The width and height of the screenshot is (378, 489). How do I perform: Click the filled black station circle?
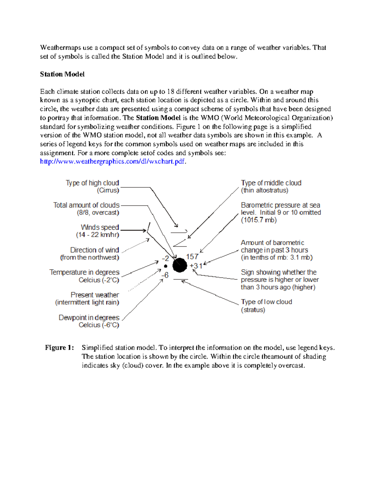[x=180, y=265]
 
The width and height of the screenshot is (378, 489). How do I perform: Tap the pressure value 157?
[x=192, y=257]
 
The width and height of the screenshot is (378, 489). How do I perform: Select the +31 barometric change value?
[x=196, y=266]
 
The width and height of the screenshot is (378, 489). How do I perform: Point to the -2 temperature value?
[x=165, y=259]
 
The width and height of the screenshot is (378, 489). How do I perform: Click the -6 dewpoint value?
[x=165, y=275]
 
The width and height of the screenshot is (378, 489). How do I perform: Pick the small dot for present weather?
[x=166, y=266]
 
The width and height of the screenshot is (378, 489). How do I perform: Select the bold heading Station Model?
[x=62, y=74]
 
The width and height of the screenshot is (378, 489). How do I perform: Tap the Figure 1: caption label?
[x=59, y=348]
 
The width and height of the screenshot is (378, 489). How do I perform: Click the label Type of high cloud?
[x=92, y=183]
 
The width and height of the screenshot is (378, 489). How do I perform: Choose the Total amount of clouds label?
[x=86, y=205]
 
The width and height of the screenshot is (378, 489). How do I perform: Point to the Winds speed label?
[x=100, y=227]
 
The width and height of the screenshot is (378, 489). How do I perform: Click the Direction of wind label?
[x=94, y=250]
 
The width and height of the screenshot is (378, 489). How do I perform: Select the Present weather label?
[x=94, y=295]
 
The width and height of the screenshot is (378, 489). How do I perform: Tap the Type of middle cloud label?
[x=271, y=183]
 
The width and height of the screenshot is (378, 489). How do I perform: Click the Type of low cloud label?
[x=266, y=302]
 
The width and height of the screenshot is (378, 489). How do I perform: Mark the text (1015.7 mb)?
[x=259, y=220]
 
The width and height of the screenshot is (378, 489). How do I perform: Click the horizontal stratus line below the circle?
[x=180, y=279]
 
